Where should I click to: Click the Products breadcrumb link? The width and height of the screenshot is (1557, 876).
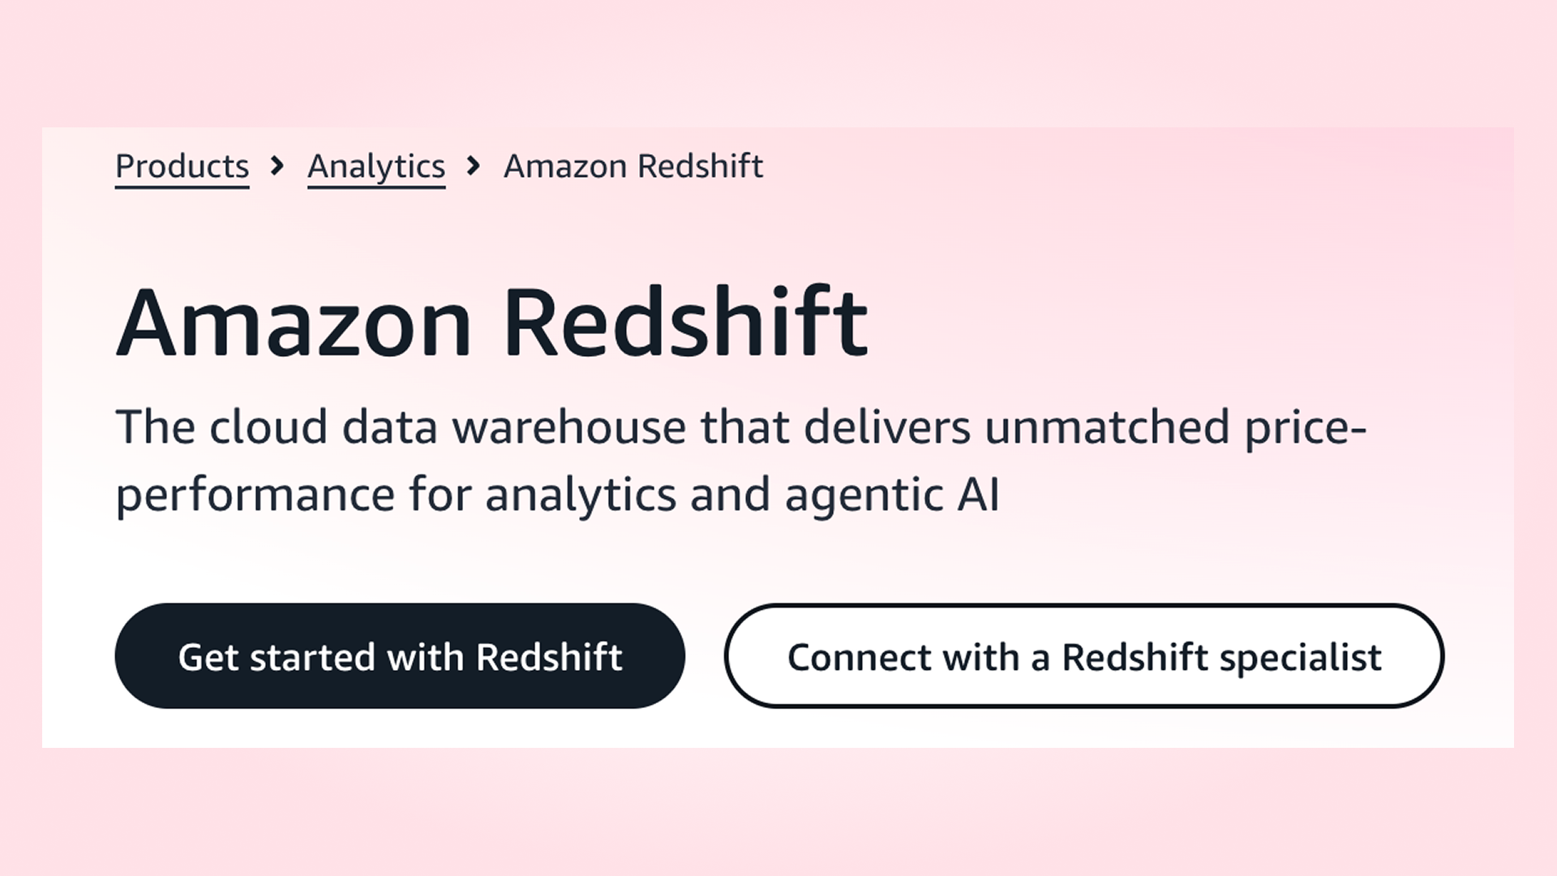pyautogui.click(x=182, y=166)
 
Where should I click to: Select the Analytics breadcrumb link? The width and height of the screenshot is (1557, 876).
pyautogui.click(x=376, y=166)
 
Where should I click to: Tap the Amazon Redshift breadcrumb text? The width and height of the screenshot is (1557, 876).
pyautogui.click(x=633, y=166)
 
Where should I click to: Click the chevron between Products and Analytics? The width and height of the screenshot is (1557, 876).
pyautogui.click(x=277, y=166)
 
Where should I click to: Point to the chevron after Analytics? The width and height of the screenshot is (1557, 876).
pyautogui.click(x=474, y=166)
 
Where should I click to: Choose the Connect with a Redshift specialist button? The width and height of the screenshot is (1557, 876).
pyautogui.click(x=1083, y=656)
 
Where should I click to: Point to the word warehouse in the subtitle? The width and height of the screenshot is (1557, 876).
pyautogui.click(x=568, y=427)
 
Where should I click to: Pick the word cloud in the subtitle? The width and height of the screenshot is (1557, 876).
pyautogui.click(x=268, y=427)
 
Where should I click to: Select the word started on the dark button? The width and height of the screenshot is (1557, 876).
pyautogui.click(x=312, y=657)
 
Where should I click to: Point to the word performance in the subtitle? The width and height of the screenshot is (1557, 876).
pyautogui.click(x=255, y=496)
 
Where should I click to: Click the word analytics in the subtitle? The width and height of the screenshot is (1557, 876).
pyautogui.click(x=581, y=496)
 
